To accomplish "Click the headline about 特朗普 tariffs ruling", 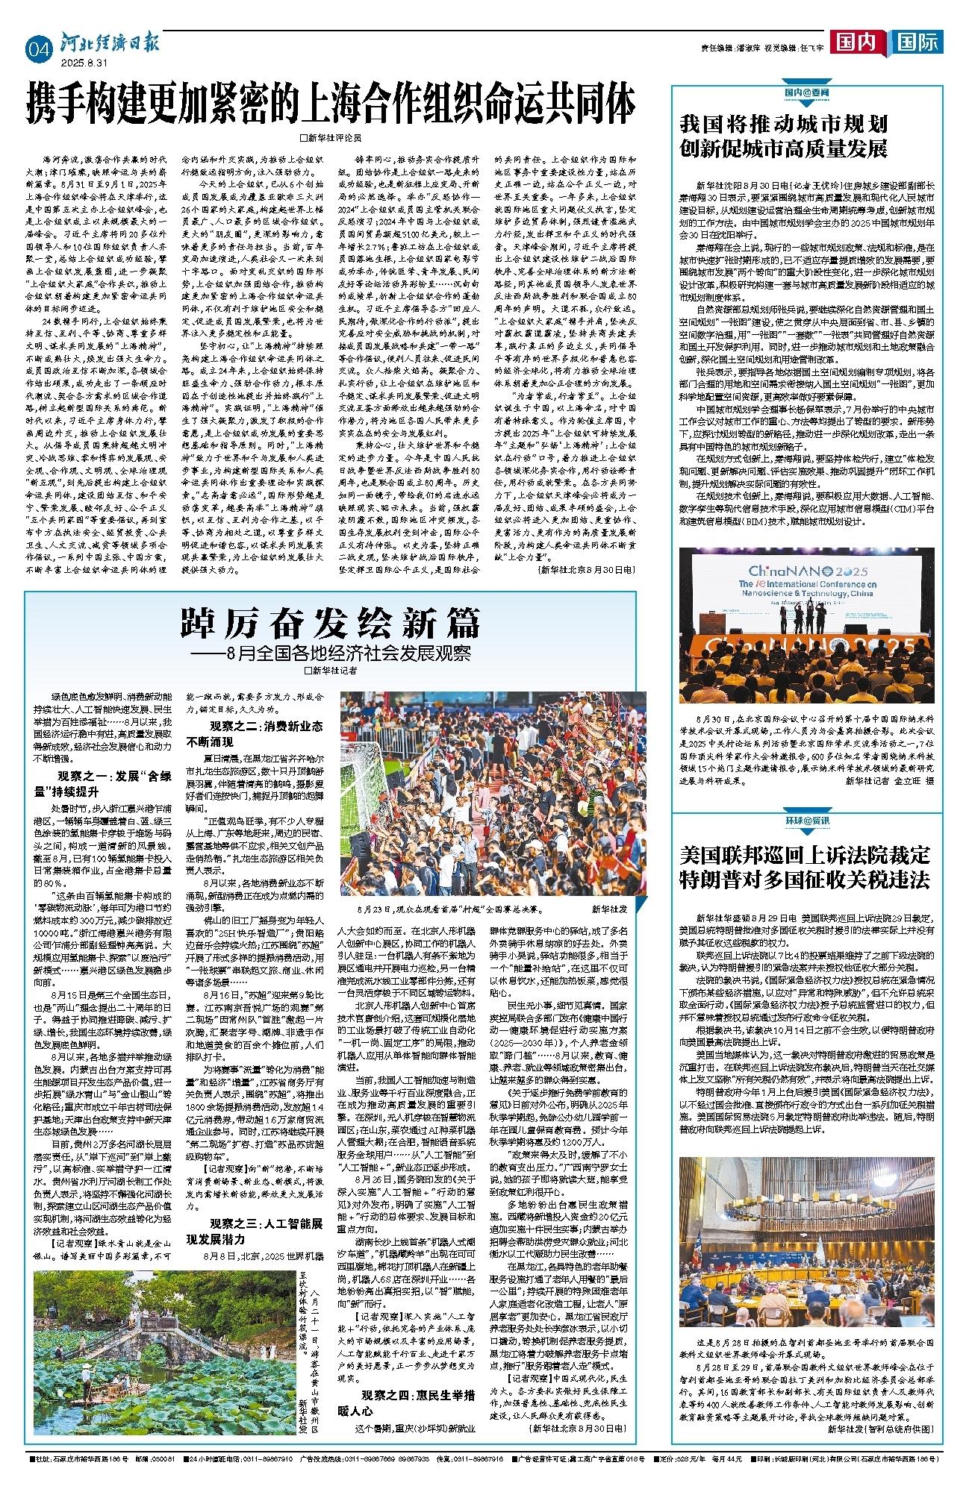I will tap(805, 866).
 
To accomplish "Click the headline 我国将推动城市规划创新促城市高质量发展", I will tap(784, 136).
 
